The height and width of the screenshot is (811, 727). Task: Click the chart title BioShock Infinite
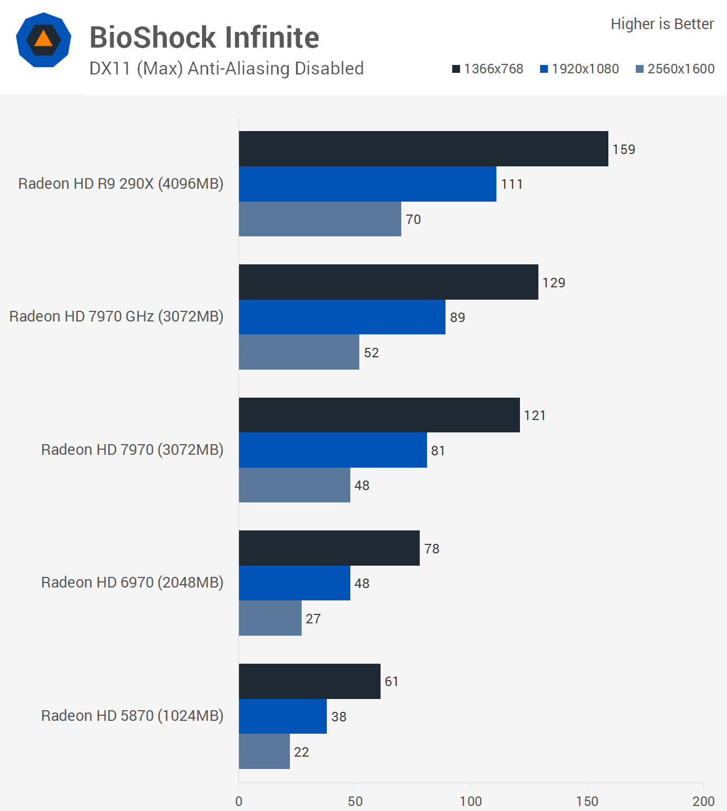point(204,38)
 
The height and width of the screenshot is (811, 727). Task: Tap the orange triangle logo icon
point(44,39)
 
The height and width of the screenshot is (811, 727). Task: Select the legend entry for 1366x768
point(487,69)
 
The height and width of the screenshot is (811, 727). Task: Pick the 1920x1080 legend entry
point(579,69)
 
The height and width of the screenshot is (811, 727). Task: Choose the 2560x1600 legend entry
point(675,69)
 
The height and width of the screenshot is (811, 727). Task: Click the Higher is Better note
point(662,24)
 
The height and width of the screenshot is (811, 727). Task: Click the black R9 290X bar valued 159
point(423,149)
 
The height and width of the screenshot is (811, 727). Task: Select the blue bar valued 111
point(367,184)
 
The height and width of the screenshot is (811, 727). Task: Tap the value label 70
point(414,220)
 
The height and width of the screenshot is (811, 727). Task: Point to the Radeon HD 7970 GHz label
point(116,316)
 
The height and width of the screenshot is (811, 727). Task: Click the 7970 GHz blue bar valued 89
point(342,317)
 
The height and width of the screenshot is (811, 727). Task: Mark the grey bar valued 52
point(299,352)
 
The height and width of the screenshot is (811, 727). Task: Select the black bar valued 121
point(379,415)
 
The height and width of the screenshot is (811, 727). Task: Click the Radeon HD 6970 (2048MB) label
point(132,582)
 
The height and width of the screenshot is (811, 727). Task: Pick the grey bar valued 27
point(270,618)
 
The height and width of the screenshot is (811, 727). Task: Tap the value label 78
point(431,549)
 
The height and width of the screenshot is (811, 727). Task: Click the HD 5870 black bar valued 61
point(309,682)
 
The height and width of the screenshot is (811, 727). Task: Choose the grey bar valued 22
point(264,752)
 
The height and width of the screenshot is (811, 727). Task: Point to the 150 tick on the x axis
point(587,801)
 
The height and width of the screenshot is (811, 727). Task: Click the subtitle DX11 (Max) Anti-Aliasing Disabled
point(227,68)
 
